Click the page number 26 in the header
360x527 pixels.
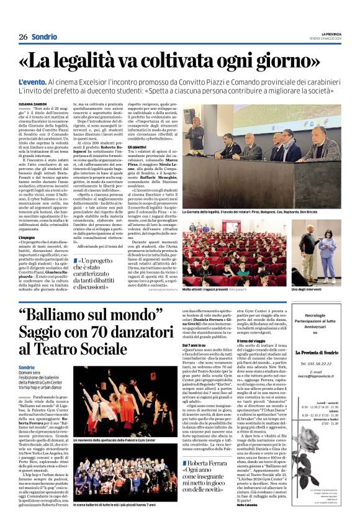click(x=23, y=37)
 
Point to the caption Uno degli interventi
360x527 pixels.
click(x=307, y=289)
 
